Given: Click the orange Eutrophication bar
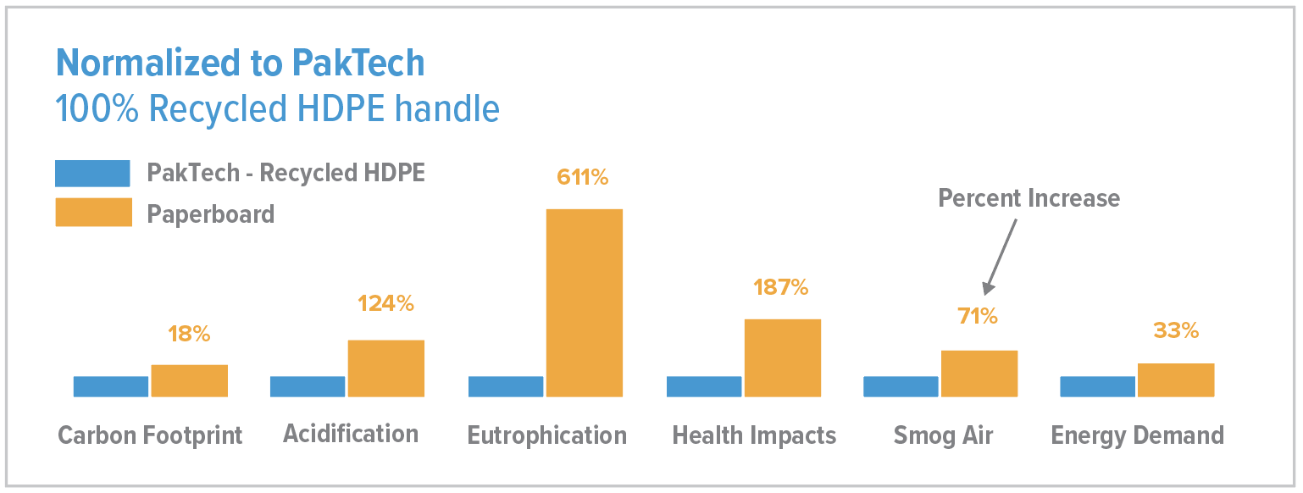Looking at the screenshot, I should click(584, 302).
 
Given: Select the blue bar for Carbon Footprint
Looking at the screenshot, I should click(111, 386).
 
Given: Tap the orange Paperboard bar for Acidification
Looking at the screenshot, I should click(385, 368).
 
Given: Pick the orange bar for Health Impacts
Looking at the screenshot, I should click(782, 357).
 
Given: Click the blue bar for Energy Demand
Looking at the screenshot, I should click(1097, 386).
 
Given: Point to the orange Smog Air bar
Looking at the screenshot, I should click(979, 373).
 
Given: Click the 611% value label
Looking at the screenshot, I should click(582, 177).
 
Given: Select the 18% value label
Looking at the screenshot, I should click(189, 334).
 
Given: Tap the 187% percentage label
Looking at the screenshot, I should click(780, 287).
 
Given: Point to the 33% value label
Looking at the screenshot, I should click(1176, 330).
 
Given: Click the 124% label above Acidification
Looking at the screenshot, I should click(385, 303).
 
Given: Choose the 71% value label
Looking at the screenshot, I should click(978, 317).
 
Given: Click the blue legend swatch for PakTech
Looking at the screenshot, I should click(92, 173).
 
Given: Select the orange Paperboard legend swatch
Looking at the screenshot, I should click(93, 213).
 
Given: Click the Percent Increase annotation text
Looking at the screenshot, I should click(1029, 198).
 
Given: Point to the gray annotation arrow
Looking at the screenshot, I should click(999, 255).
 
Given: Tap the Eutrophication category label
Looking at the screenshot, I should click(546, 435).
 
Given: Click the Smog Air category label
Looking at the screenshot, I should click(943, 435).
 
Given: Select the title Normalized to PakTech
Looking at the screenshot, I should click(240, 64).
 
